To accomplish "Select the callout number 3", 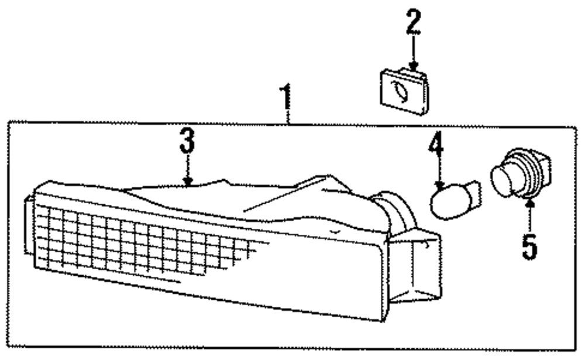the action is coord(187,140).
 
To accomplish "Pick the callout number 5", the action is coord(529,246).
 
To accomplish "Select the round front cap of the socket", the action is coord(502,179).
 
